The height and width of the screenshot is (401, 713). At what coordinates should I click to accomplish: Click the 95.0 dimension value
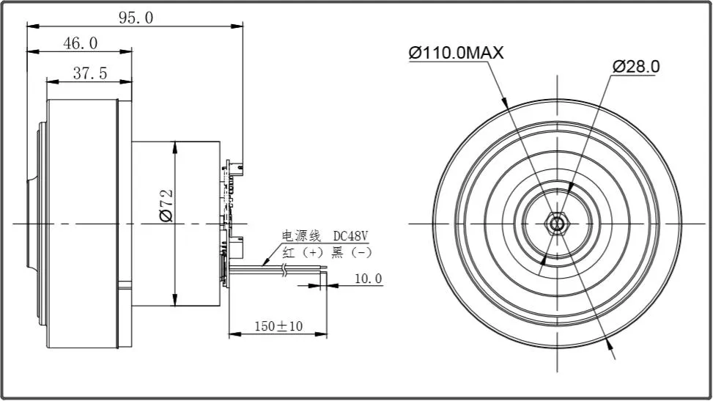(x=136, y=18)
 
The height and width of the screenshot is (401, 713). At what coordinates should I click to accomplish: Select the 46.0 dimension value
(x=80, y=43)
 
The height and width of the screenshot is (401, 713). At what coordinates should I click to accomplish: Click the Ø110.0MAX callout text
(x=456, y=53)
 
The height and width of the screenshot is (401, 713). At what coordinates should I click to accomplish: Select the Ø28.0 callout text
(x=636, y=66)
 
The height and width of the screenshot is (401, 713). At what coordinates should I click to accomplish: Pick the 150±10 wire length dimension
(x=278, y=325)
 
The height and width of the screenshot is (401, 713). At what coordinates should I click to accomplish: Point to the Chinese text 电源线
(x=302, y=236)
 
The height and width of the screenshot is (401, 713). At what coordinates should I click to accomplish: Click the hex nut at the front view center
(x=558, y=222)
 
